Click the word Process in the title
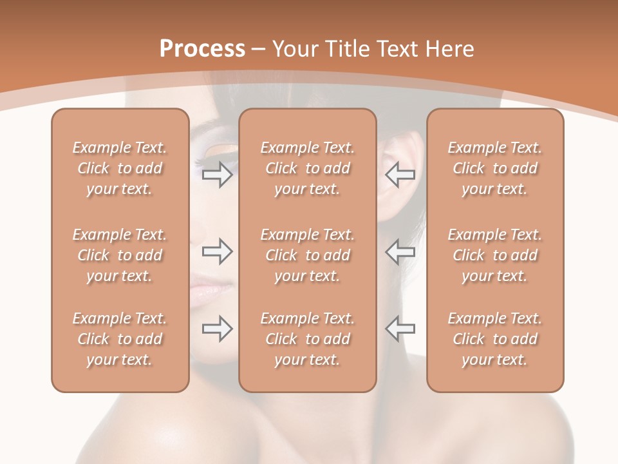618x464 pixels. coord(202,49)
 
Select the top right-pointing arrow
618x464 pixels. coord(218,175)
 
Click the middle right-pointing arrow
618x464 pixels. coord(218,251)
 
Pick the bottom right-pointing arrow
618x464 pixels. coord(218,329)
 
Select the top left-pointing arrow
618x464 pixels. coord(400,175)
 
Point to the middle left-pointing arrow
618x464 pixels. coord(400,251)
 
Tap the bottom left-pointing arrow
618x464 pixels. coord(400,329)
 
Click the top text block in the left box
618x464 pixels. coord(120,168)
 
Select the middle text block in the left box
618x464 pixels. coord(120,255)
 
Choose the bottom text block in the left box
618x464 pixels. coord(120,339)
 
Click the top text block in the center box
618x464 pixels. coord(307,168)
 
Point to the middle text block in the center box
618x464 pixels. coord(307,255)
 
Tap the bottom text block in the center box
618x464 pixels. coord(307,339)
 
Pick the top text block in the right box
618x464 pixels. coord(494,168)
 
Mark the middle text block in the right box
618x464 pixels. coord(494,255)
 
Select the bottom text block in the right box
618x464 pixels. coord(494,339)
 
